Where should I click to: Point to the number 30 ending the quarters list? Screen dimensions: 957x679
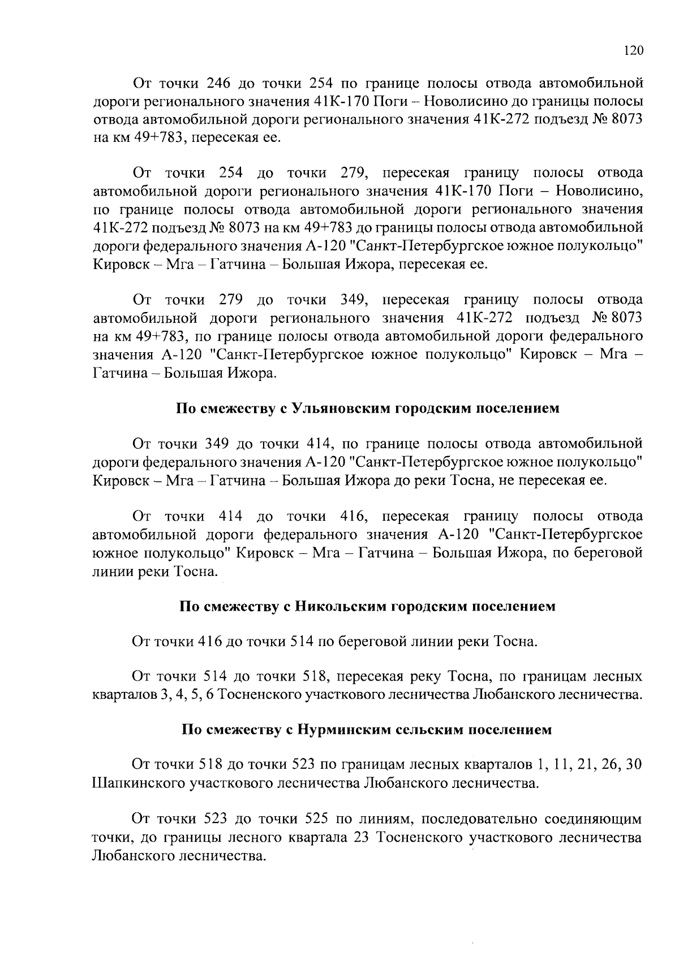coord(634,765)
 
